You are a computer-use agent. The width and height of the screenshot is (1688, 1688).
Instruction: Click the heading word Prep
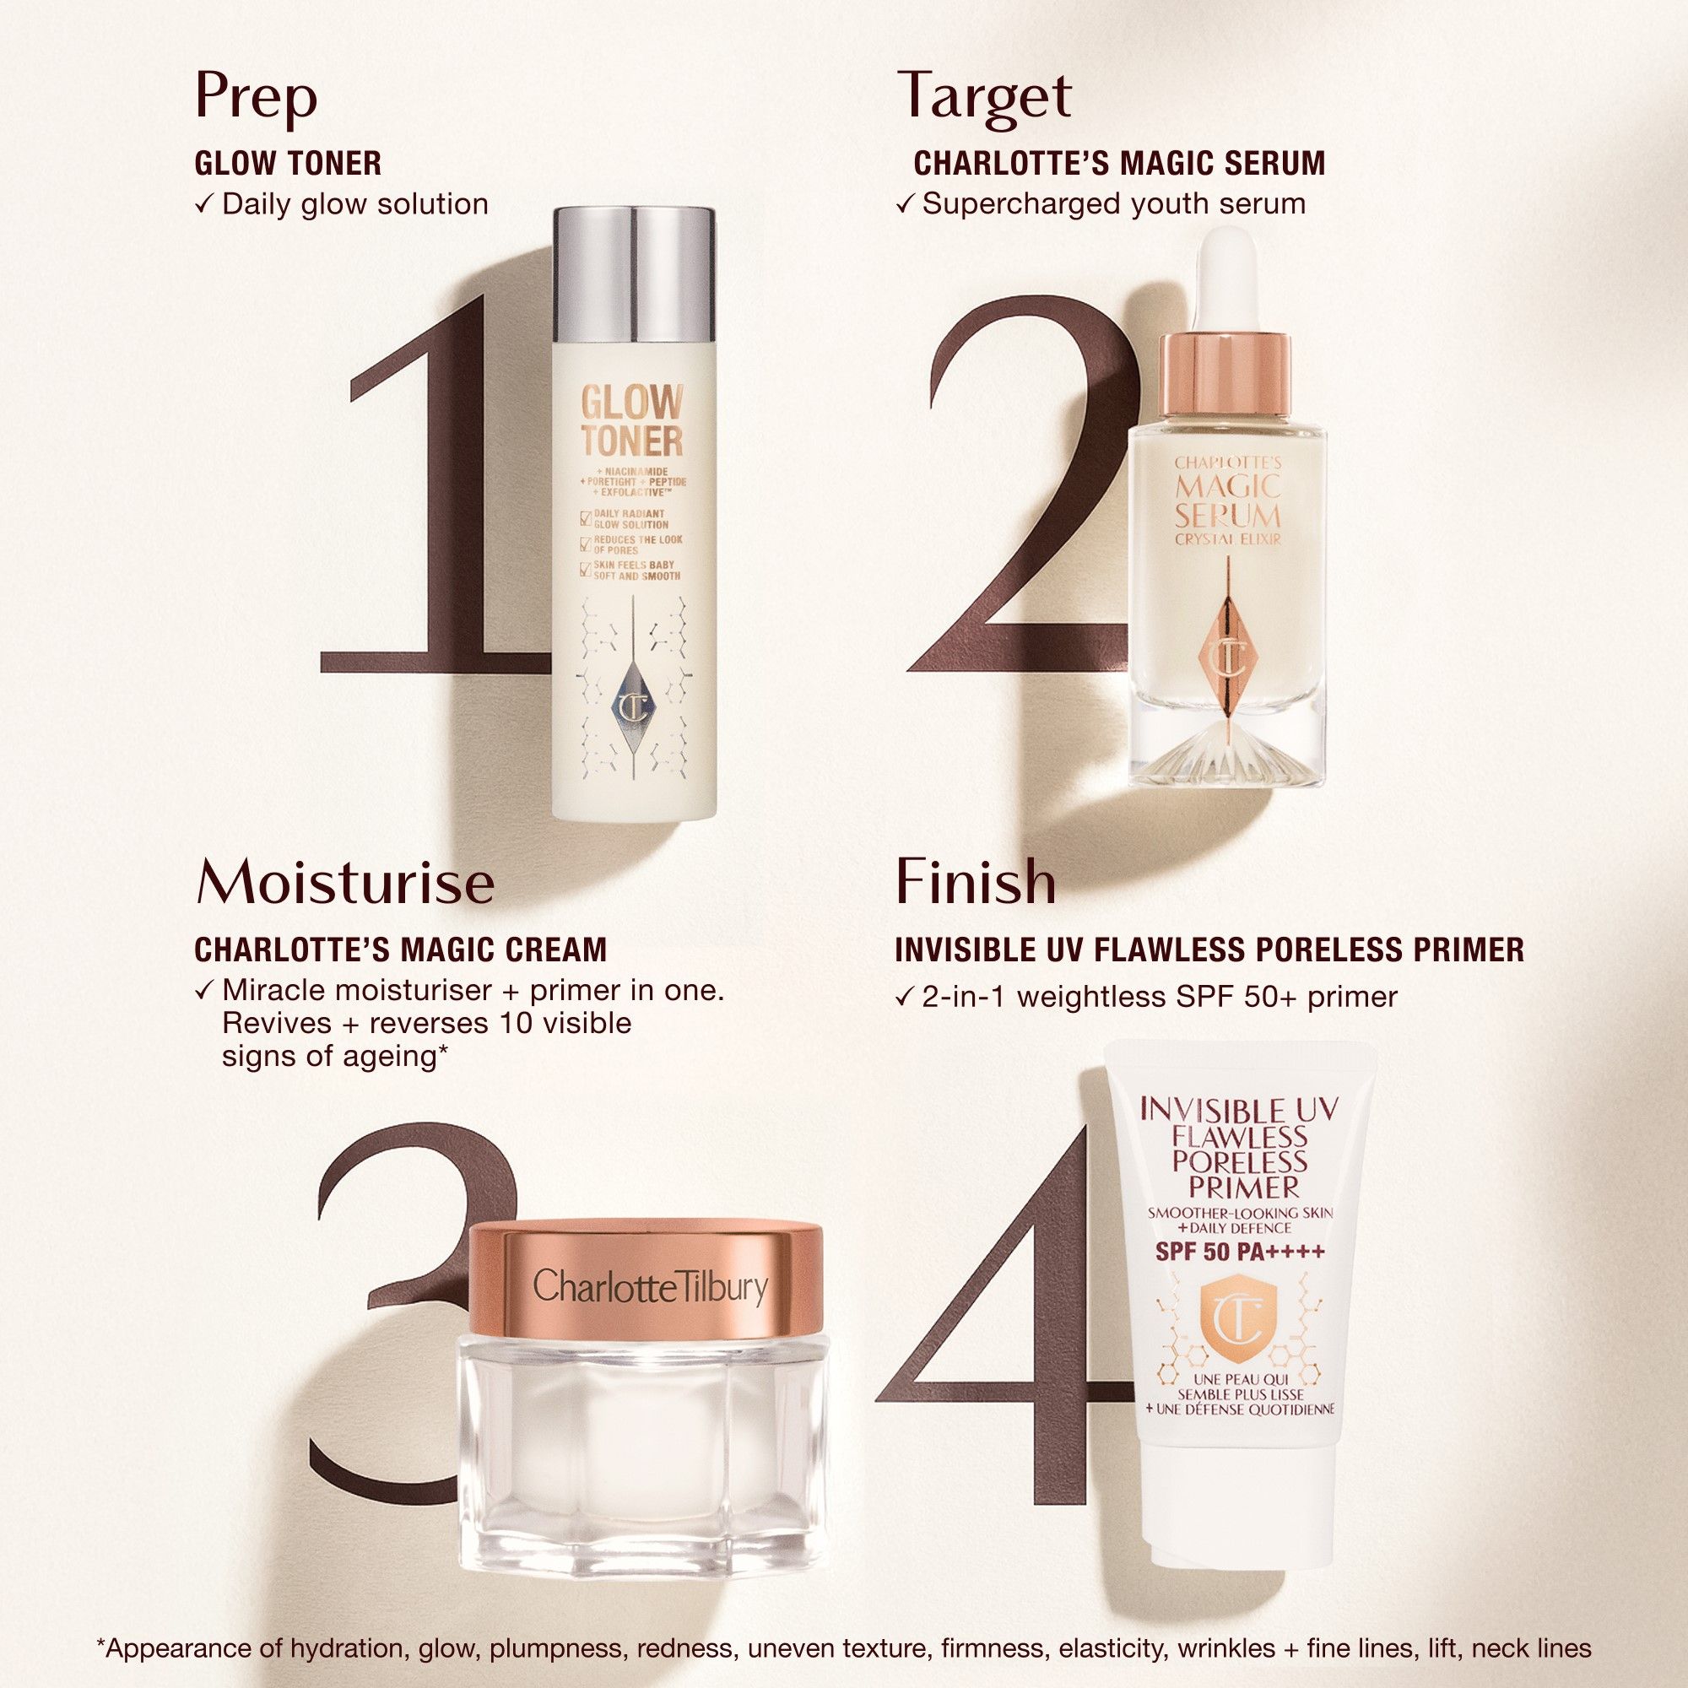tap(255, 98)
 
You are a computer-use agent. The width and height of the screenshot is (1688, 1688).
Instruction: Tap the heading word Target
tap(984, 96)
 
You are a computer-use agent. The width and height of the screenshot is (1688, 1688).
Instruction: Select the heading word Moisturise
tap(345, 884)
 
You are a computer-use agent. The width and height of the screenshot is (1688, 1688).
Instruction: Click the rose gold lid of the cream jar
tap(646, 1285)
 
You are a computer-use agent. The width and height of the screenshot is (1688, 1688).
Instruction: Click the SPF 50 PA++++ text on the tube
tap(1240, 1252)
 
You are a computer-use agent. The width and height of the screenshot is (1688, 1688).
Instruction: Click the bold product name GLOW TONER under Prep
tap(288, 164)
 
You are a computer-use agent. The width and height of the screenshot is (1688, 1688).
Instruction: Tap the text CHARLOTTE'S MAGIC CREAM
tap(400, 949)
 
